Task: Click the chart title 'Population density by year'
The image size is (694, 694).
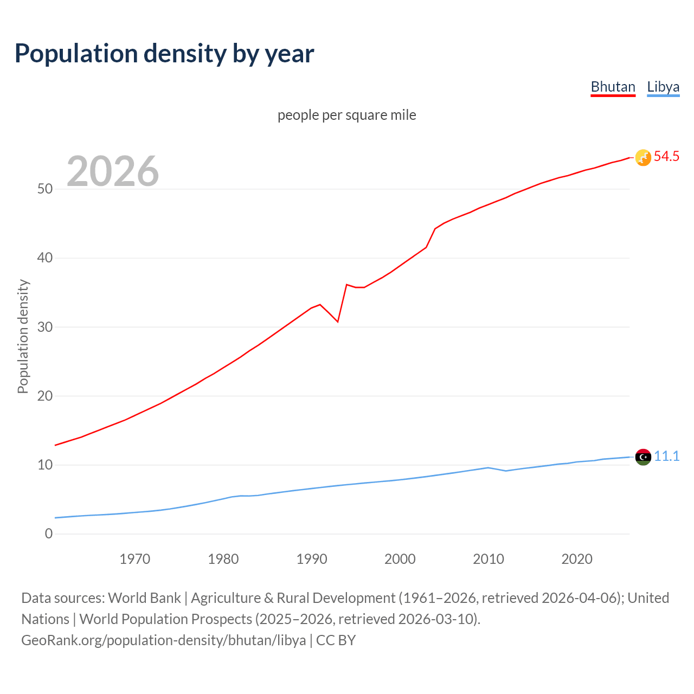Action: pyautogui.click(x=164, y=54)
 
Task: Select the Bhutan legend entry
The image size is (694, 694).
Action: pyautogui.click(x=613, y=87)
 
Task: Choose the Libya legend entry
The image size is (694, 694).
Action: pyautogui.click(x=663, y=87)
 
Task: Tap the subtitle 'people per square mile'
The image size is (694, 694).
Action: pyautogui.click(x=347, y=115)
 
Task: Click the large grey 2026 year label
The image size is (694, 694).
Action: pyautogui.click(x=113, y=171)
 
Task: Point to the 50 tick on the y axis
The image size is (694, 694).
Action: pyautogui.click(x=45, y=189)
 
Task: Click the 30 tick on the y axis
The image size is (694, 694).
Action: pyautogui.click(x=45, y=327)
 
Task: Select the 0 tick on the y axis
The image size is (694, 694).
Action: pyautogui.click(x=49, y=534)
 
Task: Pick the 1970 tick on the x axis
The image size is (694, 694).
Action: pyautogui.click(x=135, y=559)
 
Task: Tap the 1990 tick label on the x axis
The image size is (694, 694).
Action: pyautogui.click(x=312, y=559)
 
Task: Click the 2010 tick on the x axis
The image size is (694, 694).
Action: pyautogui.click(x=489, y=559)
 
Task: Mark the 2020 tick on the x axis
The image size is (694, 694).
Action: pyautogui.click(x=577, y=559)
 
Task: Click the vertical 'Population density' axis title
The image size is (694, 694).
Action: pyautogui.click(x=23, y=336)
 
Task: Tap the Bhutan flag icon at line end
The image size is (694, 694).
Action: pyautogui.click(x=643, y=157)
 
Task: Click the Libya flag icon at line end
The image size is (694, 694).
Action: pyautogui.click(x=643, y=457)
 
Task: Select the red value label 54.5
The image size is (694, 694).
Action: pyautogui.click(x=666, y=157)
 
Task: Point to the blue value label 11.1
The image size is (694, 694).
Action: pyautogui.click(x=666, y=457)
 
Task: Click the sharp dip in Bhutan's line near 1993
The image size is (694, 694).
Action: pyautogui.click(x=338, y=322)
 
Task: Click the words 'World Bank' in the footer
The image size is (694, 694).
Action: pyautogui.click(x=144, y=598)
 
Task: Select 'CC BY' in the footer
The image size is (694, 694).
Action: pyautogui.click(x=336, y=640)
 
